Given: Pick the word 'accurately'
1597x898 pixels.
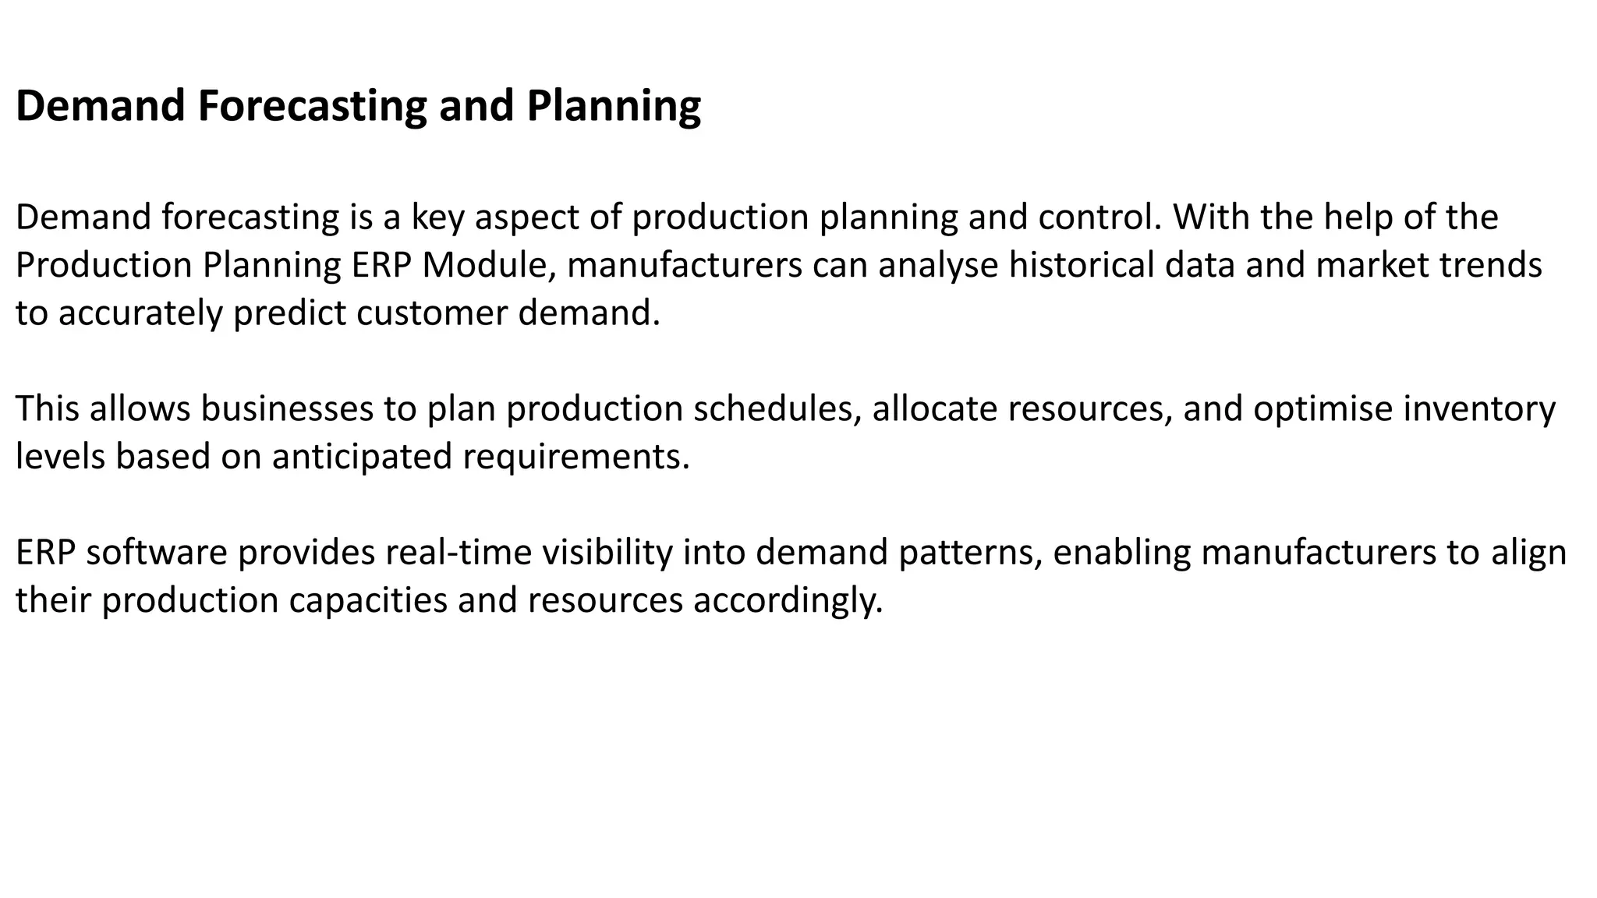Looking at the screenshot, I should (140, 313).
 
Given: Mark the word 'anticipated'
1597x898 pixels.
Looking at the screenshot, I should (362, 457).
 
